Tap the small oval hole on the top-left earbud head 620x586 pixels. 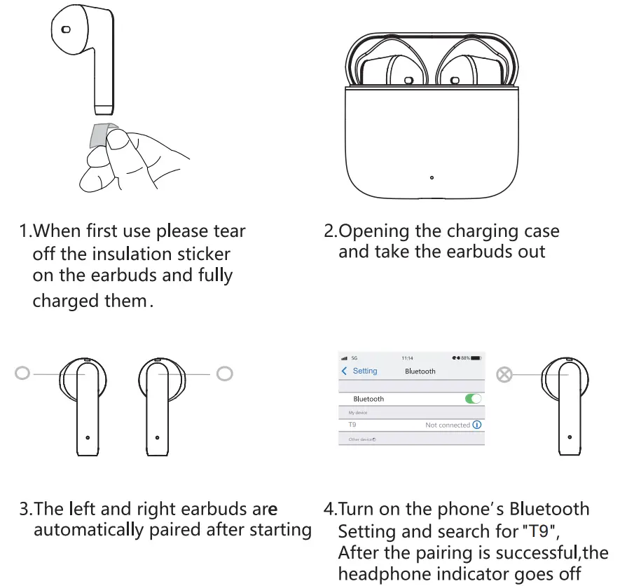[66, 29]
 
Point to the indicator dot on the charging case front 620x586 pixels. [432, 177]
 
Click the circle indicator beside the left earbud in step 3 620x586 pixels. [22, 374]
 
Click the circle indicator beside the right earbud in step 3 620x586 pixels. [224, 374]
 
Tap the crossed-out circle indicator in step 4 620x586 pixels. [504, 374]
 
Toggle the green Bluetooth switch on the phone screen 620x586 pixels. [474, 399]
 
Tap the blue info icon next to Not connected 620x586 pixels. [477, 425]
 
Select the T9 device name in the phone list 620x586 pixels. [352, 425]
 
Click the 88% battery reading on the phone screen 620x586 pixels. [465, 358]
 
